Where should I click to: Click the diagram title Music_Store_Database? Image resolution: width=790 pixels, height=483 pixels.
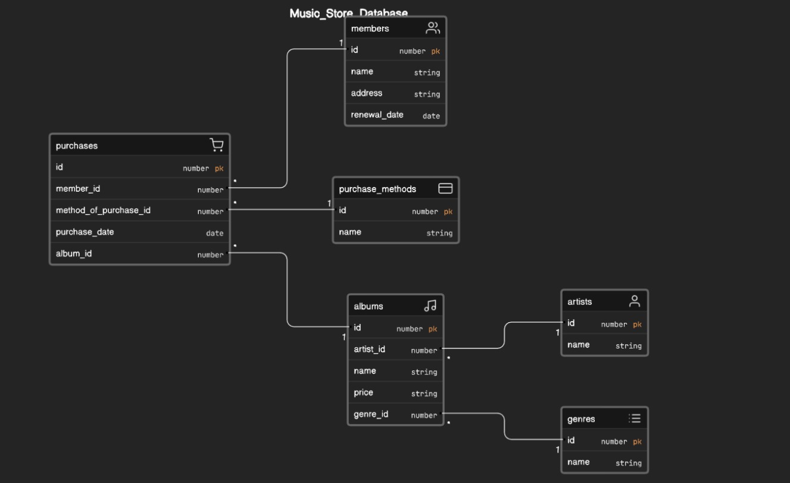348,13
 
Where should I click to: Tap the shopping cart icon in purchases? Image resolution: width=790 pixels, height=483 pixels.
217,145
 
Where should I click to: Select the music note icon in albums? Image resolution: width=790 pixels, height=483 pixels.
430,306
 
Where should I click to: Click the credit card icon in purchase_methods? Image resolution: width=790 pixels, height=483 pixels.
445,189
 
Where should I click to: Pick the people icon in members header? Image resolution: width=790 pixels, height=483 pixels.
433,28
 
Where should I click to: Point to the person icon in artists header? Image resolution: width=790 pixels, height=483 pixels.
635,301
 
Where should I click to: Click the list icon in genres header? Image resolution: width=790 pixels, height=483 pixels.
635,419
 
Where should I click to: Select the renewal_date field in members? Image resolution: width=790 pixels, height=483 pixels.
377,115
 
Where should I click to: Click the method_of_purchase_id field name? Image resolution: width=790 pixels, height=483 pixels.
103,210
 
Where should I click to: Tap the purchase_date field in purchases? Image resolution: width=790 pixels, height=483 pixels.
85,232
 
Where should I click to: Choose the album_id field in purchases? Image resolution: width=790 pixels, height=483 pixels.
74,254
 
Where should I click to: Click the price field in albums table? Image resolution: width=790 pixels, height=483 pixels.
363,392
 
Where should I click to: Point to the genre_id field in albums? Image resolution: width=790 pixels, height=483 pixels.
371,415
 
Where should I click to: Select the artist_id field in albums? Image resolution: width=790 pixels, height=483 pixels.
369,349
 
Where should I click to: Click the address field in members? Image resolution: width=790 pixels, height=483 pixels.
366,94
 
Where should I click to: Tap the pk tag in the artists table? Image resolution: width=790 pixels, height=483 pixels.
637,325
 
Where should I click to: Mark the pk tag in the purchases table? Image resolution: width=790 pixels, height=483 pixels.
219,169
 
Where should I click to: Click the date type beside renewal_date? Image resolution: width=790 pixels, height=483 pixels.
431,116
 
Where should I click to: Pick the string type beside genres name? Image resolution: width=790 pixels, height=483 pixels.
628,463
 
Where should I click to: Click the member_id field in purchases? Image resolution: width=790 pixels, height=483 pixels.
78,189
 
